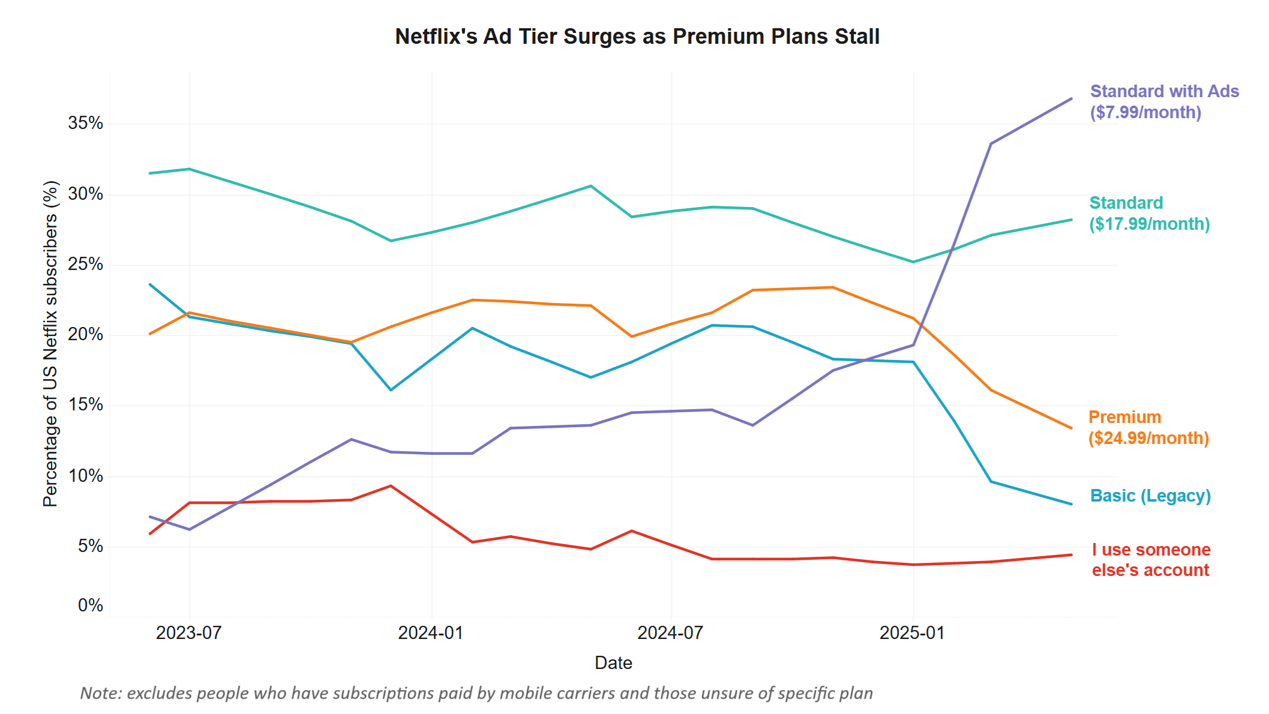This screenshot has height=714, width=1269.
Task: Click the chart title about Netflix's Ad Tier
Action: tap(637, 37)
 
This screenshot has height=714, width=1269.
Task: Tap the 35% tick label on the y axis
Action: tap(85, 124)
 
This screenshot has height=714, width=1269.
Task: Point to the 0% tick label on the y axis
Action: tap(90, 605)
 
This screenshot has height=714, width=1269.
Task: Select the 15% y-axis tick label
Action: tap(85, 405)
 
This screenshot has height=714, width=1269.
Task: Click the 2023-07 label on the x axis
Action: tap(189, 633)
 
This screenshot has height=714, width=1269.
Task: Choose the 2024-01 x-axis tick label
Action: tap(431, 633)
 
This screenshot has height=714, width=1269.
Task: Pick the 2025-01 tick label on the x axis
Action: tap(912, 633)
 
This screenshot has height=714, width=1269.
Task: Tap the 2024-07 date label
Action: tap(670, 633)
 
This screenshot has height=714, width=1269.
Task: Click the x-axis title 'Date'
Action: tap(613, 663)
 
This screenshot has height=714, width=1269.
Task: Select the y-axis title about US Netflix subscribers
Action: tap(51, 344)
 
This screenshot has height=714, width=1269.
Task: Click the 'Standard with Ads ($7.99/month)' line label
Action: tap(1164, 102)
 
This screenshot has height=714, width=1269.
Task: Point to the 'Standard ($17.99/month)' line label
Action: tap(1149, 214)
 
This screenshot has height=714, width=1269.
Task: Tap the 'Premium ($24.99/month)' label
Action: tap(1148, 428)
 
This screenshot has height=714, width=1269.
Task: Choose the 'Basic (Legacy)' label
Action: tap(1150, 496)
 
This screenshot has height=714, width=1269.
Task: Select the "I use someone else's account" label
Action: tap(1151, 560)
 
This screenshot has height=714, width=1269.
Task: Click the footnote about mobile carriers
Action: tap(476, 694)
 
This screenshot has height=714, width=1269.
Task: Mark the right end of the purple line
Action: tap(1072, 98)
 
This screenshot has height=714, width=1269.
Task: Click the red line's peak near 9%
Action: tap(391, 486)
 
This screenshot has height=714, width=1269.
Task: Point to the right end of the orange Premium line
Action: tap(1072, 428)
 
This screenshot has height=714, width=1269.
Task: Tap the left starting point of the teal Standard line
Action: tap(150, 173)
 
